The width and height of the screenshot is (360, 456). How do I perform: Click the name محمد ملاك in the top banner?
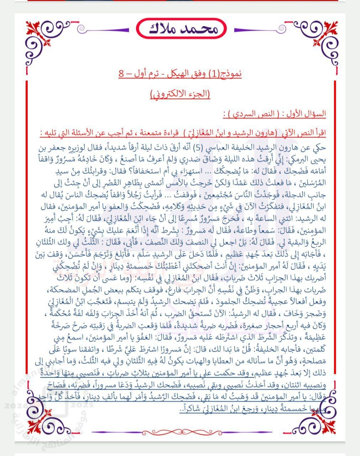(x=181, y=28)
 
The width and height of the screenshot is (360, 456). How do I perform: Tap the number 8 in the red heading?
(x=122, y=74)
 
